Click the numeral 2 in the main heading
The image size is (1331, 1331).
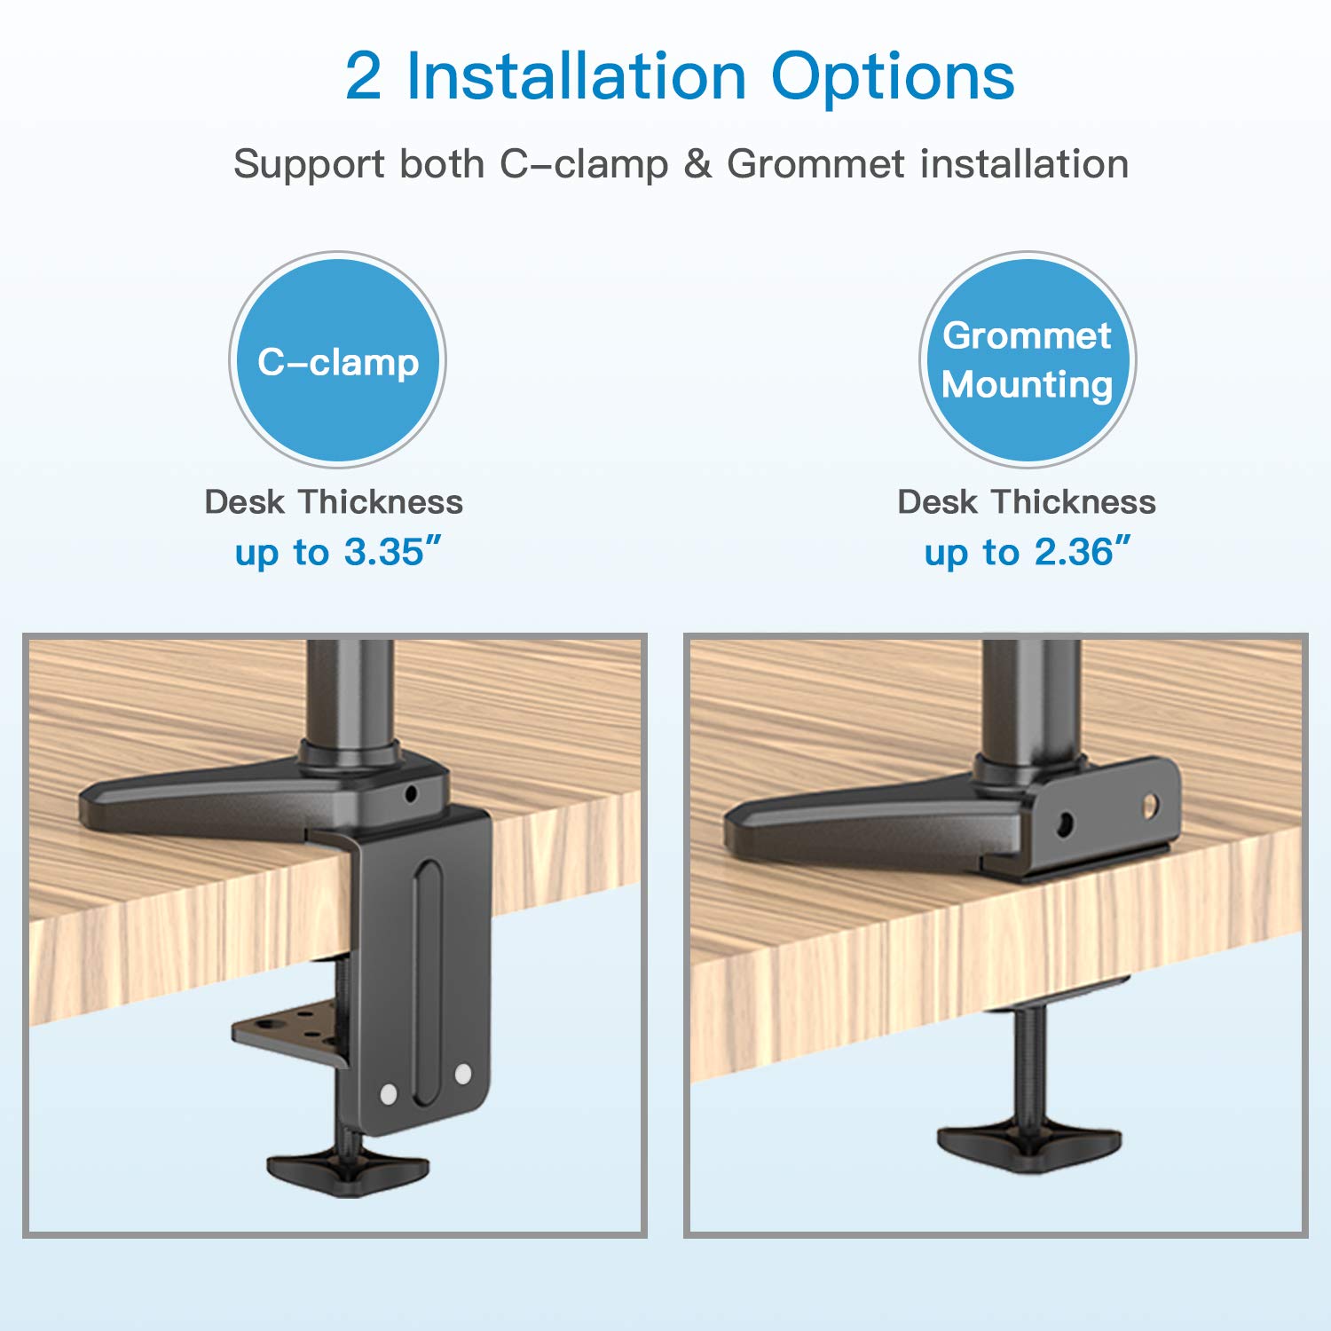(x=363, y=76)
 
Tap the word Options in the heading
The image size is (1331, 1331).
(x=893, y=80)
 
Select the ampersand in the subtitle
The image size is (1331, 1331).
(x=698, y=164)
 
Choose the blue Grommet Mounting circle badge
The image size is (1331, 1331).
(x=1028, y=359)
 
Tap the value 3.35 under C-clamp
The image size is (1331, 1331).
(x=384, y=552)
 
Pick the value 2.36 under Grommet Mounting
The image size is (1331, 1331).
(x=1074, y=552)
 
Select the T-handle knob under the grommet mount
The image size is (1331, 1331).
(x=1029, y=1146)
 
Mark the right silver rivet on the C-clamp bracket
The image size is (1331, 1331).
(x=462, y=1075)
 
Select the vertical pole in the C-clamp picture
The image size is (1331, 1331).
(x=350, y=692)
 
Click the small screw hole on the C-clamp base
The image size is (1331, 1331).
(x=410, y=792)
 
